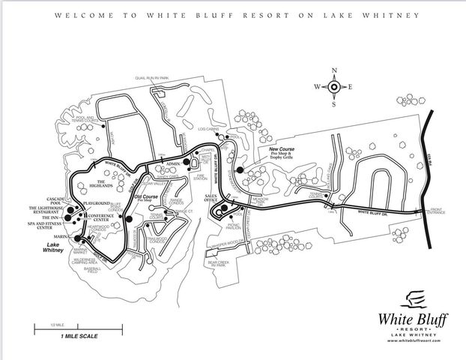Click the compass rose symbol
tap(334, 86)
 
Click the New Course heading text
tap(282, 149)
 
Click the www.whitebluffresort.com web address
tap(412, 341)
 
